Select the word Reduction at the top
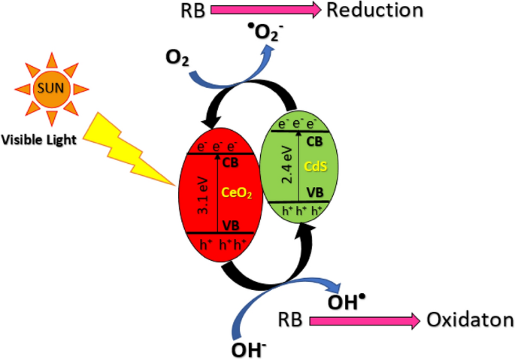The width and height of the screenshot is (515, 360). pyautogui.click(x=374, y=10)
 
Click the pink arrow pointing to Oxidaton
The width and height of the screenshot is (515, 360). pyautogui.click(x=362, y=320)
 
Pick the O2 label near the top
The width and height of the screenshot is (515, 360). pyautogui.click(x=177, y=59)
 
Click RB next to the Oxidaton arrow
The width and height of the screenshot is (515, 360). pyautogui.click(x=290, y=320)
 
